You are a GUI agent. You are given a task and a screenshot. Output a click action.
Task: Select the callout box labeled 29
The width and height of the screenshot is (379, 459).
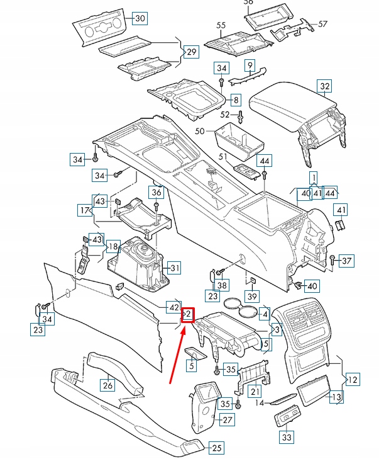190,51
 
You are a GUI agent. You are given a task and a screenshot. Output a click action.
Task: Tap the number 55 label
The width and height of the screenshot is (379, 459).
221,25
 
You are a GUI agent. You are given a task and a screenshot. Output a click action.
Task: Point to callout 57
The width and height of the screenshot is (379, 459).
323,24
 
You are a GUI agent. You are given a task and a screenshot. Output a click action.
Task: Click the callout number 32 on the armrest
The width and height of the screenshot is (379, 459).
324,86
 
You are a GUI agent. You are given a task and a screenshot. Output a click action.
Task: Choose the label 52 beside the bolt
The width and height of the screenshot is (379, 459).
225,115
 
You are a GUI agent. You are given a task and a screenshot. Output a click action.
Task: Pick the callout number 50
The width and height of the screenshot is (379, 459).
200,131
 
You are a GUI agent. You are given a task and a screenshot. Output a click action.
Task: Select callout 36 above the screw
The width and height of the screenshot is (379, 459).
156,192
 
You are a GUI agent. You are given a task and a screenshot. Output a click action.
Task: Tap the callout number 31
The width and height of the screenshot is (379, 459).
174,268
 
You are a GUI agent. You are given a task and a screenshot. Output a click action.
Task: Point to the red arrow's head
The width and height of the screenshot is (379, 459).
184,329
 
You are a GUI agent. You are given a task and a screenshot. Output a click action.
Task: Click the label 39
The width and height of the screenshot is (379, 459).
252,297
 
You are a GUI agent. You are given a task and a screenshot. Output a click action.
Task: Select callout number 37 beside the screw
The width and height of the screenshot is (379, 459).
347,260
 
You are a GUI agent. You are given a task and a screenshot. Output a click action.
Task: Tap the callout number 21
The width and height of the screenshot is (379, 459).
254,392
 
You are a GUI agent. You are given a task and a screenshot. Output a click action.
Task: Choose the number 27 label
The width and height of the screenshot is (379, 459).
227,420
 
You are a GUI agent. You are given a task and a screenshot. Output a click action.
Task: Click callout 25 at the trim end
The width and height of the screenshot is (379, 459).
216,448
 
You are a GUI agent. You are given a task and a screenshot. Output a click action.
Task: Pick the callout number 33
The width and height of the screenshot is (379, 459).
287,437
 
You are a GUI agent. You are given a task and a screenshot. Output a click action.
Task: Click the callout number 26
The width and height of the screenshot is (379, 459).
107,385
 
